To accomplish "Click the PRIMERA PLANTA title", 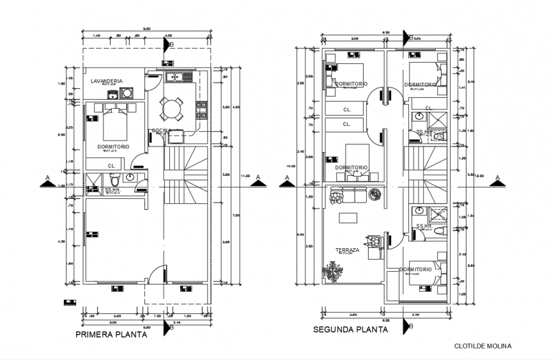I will (111, 334).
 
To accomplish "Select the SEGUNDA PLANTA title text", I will (350, 330).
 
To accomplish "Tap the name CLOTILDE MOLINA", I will (483, 346).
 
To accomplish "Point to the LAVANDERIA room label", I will (106, 81).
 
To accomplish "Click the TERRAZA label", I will (346, 250).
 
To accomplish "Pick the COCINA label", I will (160, 131).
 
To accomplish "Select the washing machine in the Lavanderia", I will (127, 93).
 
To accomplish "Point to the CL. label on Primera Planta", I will (111, 166).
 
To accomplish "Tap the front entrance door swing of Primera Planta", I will (156, 274).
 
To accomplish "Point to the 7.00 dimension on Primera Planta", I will (236, 215).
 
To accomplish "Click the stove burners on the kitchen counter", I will (202, 109).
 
